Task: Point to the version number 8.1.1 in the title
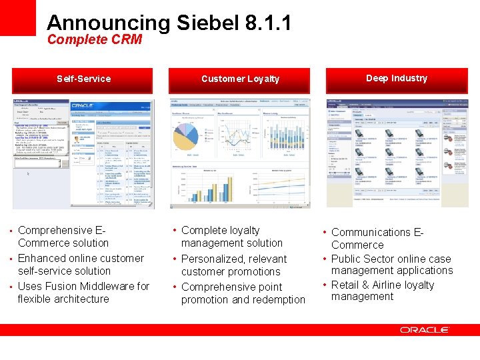pos(268,23)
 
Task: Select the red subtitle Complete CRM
pos(95,40)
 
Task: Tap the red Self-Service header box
pos(83,79)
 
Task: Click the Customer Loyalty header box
pos(240,79)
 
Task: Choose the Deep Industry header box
pos(397,79)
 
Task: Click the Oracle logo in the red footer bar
pos(425,330)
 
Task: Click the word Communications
pos(371,233)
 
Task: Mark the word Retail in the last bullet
pos(345,285)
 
